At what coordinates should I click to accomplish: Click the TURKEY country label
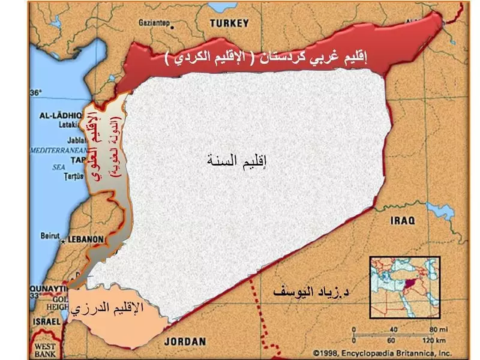click(229, 23)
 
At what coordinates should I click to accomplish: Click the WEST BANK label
click(44, 350)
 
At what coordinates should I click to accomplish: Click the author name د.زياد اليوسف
click(311, 293)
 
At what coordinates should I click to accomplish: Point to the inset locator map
click(404, 290)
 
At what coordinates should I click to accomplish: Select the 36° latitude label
click(36, 93)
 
